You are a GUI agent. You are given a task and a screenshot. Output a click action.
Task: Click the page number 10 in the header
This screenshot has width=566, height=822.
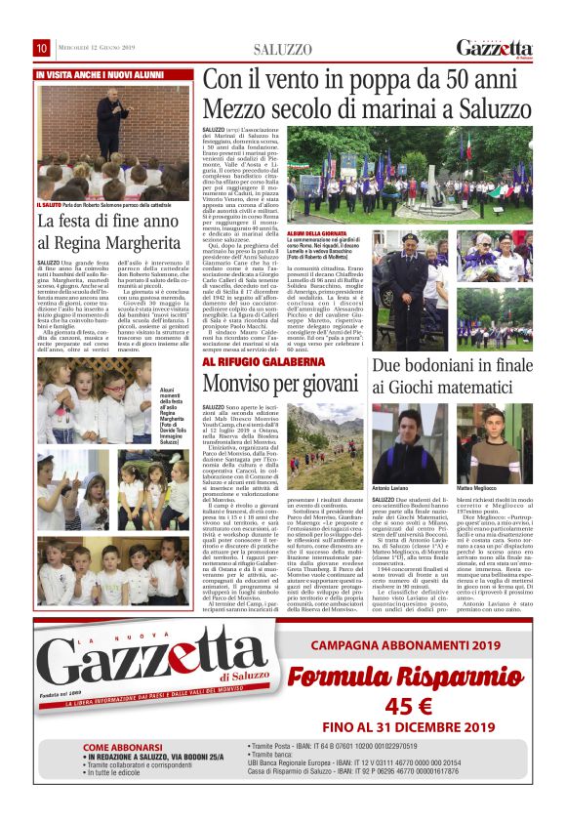pyautogui.click(x=42, y=48)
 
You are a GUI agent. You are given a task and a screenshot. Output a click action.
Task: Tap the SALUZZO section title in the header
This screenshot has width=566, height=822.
pyautogui.click(x=283, y=49)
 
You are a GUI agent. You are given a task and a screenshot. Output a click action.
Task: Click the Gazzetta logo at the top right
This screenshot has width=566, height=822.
pyautogui.click(x=494, y=48)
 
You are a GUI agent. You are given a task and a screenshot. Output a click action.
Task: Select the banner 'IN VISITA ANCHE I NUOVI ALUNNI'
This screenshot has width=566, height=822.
pyautogui.click(x=100, y=75)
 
